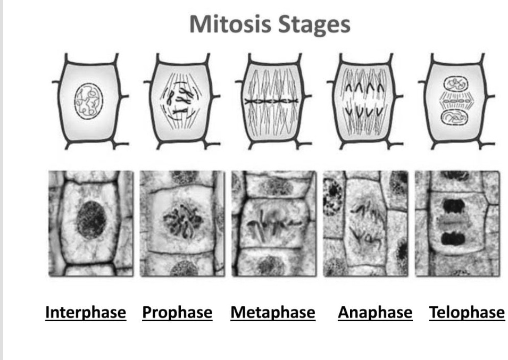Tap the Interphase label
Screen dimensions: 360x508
tap(86, 313)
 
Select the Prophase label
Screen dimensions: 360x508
tap(177, 313)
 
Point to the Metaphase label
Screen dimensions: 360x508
tap(272, 313)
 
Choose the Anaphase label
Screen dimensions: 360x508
tap(374, 313)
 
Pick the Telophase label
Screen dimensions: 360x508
tap(467, 313)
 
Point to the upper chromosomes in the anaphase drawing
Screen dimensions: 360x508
tap(365, 87)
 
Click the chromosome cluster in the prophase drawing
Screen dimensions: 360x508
tap(179, 100)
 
